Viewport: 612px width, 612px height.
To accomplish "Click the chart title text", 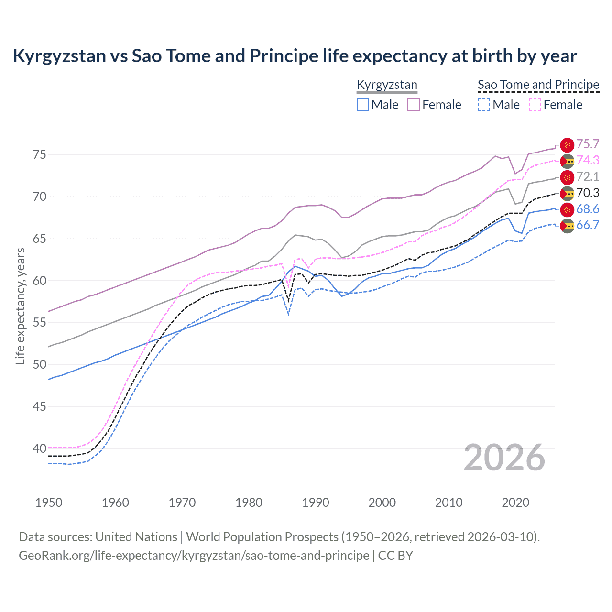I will [295, 56].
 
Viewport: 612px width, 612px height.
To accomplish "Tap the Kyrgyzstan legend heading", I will [387, 85].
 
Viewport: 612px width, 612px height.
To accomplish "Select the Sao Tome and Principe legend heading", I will [538, 85].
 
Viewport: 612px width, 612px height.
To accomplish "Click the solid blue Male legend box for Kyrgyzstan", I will [363, 105].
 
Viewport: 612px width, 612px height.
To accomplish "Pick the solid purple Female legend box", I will [414, 105].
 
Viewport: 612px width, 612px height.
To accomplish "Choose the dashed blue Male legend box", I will [484, 105].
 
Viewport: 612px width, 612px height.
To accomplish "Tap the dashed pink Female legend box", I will [535, 105].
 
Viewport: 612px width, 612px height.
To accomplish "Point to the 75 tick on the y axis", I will [39, 154].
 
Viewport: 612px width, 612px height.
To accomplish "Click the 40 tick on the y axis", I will [39, 448].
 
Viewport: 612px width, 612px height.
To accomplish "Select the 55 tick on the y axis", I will [39, 323].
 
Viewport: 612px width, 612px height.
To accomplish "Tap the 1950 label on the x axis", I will [49, 503].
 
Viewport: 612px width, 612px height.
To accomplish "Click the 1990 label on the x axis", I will [316, 503].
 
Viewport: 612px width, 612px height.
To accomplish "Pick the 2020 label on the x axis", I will [515, 503].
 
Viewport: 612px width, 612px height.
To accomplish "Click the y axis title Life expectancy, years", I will [20, 306].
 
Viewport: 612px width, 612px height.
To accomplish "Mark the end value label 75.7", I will [588, 144].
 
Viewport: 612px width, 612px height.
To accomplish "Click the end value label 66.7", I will [588, 225].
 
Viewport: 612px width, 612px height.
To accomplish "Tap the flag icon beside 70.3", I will [567, 193].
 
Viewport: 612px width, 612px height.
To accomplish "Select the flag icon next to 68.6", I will [567, 209].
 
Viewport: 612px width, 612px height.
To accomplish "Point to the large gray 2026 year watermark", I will [504, 458].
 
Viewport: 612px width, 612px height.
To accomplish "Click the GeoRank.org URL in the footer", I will [194, 556].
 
